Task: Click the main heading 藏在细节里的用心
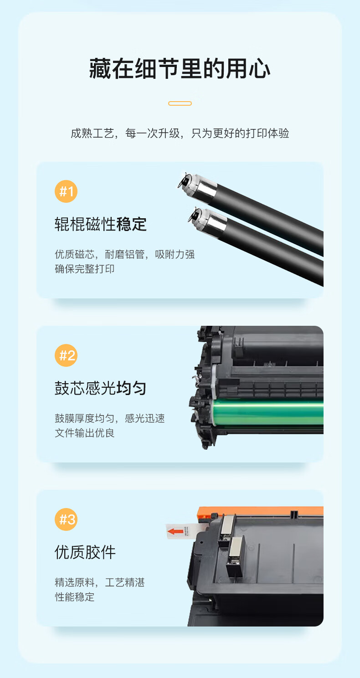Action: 180,69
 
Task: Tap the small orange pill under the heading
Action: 180,103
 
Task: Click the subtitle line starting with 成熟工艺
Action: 180,133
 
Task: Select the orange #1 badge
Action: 66,191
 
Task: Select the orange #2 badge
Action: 66,355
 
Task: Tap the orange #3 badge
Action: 66,519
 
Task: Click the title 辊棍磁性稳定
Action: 101,224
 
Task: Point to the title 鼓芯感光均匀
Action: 101,388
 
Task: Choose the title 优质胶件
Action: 85,552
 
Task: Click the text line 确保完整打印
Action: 84,269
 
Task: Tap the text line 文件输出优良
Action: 84,433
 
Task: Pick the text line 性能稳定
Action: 74,597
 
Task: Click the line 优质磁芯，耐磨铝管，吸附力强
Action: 125,254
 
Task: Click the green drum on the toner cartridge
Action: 268,413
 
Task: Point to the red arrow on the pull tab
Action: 175,531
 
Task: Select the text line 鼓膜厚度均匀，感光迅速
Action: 110,418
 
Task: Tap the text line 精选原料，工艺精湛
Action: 100,582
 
